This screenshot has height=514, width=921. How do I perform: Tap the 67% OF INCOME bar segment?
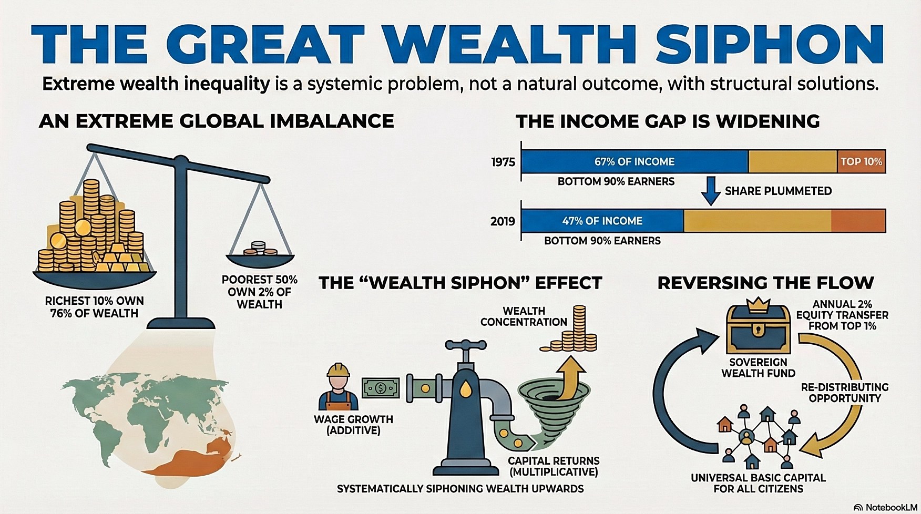click(x=635, y=161)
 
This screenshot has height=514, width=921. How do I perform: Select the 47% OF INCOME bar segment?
click(x=602, y=221)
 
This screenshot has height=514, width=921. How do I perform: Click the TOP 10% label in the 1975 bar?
click(x=861, y=161)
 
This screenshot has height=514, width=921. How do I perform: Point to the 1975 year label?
click(x=503, y=162)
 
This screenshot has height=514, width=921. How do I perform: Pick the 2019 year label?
click(x=503, y=221)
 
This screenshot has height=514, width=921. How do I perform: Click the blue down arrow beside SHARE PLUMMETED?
click(x=711, y=191)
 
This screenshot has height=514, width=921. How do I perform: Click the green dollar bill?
click(x=381, y=388)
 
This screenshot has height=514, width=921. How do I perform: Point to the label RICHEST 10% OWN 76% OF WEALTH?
click(x=94, y=307)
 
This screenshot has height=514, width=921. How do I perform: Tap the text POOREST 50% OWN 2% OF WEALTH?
click(x=259, y=292)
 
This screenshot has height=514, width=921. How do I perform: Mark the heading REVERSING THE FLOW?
click(x=765, y=283)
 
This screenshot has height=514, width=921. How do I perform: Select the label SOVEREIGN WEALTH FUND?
click(x=758, y=368)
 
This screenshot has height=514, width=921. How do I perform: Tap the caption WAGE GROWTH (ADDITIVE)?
click(x=353, y=425)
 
